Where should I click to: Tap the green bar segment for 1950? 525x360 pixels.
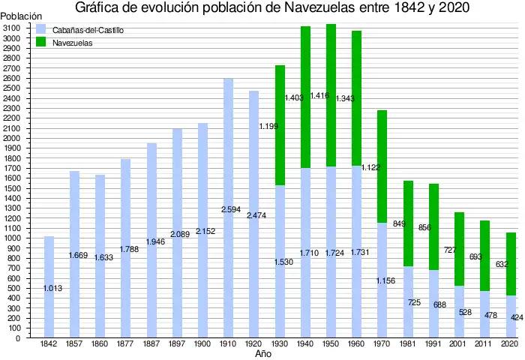point(331,95)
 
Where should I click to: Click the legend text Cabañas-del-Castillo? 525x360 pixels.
point(88,30)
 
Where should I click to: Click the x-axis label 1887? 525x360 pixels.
point(151,343)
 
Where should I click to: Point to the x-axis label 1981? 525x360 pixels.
point(407,343)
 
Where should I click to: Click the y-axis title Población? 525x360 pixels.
point(21,16)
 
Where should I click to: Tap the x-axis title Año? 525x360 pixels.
point(262,354)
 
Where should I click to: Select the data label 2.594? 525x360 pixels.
point(231,210)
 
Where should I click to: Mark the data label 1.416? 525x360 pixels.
point(319,96)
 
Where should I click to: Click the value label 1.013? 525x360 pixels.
point(52,288)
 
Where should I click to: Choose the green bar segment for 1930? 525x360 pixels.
point(280,125)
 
